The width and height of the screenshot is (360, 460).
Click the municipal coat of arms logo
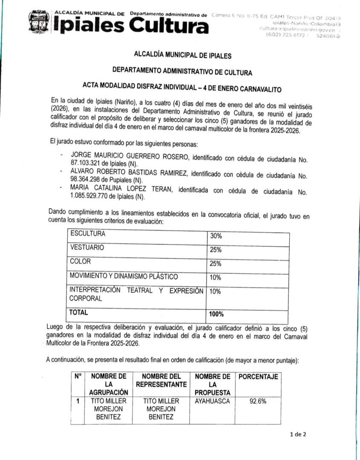[39, 22]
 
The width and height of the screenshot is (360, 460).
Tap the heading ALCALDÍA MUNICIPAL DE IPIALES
[183, 55]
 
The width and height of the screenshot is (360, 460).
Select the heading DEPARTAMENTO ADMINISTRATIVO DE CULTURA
[182, 72]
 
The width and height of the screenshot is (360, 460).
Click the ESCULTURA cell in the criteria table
[88, 233]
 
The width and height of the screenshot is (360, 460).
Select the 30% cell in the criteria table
[216, 236]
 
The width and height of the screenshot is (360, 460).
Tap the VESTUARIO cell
[86, 247]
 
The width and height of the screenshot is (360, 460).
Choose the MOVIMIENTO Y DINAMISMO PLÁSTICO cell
[124, 276]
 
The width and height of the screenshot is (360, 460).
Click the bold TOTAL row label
[79, 312]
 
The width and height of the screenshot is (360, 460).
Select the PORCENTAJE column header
[258, 377]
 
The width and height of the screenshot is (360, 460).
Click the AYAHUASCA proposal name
[212, 401]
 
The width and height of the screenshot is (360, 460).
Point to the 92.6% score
[258, 401]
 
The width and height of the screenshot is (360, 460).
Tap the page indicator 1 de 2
[297, 434]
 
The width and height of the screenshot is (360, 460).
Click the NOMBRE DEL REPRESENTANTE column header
[161, 380]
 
